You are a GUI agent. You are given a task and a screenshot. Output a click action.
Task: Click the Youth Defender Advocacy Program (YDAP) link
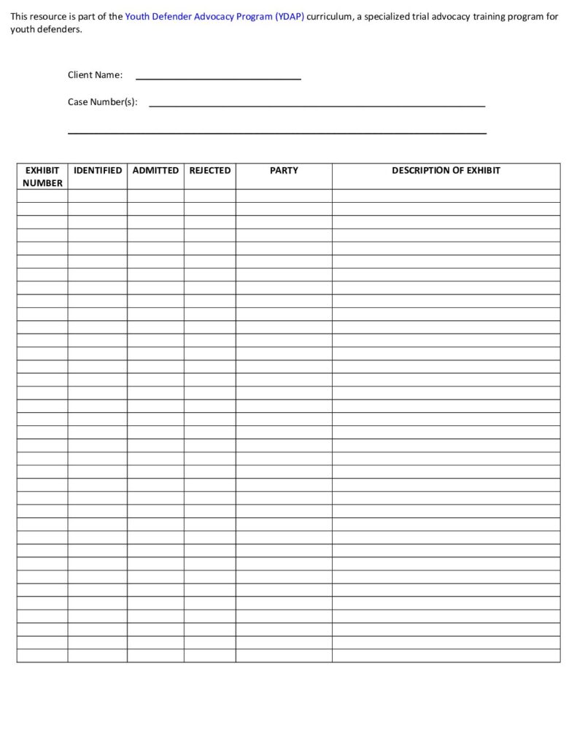(x=214, y=16)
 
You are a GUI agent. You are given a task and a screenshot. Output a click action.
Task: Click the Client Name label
(x=95, y=75)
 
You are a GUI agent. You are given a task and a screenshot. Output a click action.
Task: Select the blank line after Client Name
(x=218, y=76)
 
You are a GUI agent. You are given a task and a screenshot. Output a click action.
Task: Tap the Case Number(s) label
(x=102, y=102)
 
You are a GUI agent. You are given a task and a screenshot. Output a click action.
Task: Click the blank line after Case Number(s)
(x=317, y=104)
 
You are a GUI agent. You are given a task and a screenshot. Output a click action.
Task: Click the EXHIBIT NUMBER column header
(x=42, y=177)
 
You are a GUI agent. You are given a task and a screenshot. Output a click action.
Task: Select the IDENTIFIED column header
(x=98, y=171)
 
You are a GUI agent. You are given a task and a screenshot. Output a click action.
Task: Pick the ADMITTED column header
(x=155, y=171)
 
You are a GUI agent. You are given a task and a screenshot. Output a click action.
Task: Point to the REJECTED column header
(x=209, y=171)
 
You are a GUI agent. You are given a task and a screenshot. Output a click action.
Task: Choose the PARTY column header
(x=284, y=171)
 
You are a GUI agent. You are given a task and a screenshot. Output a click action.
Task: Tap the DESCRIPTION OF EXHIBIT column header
(x=446, y=171)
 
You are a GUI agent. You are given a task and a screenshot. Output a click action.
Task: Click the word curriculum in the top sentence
(x=330, y=16)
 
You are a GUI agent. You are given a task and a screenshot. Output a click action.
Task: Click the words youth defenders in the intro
(x=45, y=30)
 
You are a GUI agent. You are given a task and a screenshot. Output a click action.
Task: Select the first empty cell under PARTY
(x=284, y=196)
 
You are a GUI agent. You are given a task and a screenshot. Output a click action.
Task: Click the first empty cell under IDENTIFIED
(x=98, y=196)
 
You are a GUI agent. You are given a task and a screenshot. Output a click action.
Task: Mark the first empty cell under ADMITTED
(x=155, y=196)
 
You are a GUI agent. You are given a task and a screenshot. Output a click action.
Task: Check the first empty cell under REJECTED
(x=209, y=196)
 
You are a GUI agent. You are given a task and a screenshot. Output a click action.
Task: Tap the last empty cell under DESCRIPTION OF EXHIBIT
(x=446, y=656)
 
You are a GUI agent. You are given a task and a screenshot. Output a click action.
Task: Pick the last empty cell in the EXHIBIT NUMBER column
(x=42, y=656)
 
